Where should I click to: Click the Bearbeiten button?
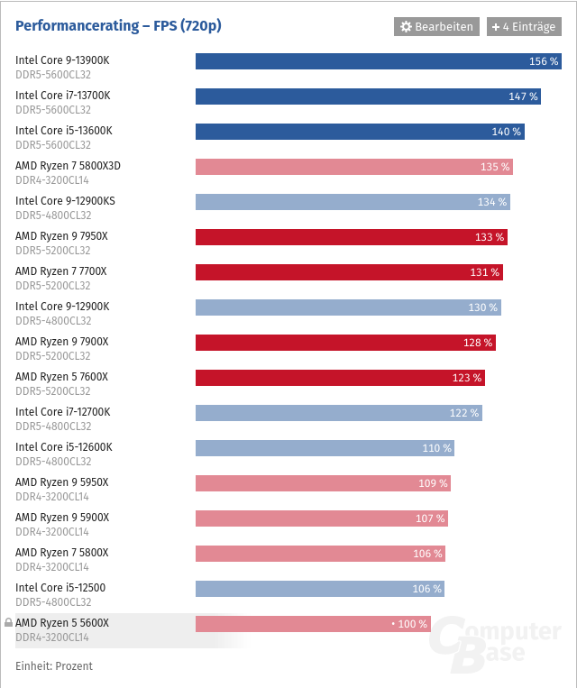point(435,27)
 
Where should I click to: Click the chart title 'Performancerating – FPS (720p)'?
point(118,26)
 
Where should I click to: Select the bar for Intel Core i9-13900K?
point(378,61)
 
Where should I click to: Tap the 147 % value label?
point(523,96)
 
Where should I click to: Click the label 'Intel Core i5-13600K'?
point(64,131)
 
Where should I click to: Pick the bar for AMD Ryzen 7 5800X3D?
point(353,167)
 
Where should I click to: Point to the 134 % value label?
point(492,202)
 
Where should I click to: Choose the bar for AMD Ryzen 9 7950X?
point(351,237)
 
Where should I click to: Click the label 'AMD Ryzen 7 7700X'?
point(61,271)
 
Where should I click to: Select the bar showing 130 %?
point(348,307)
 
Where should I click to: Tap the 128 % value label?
point(478,343)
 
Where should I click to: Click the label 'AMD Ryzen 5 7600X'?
point(62,377)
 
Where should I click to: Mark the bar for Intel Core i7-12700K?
point(338,413)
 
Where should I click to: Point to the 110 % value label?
point(436,448)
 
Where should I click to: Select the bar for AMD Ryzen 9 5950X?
point(323,483)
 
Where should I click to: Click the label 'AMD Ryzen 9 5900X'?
point(62,518)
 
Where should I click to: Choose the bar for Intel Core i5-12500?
point(319,589)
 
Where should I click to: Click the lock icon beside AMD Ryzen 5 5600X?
point(8,623)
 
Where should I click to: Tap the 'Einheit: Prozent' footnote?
point(54,666)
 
